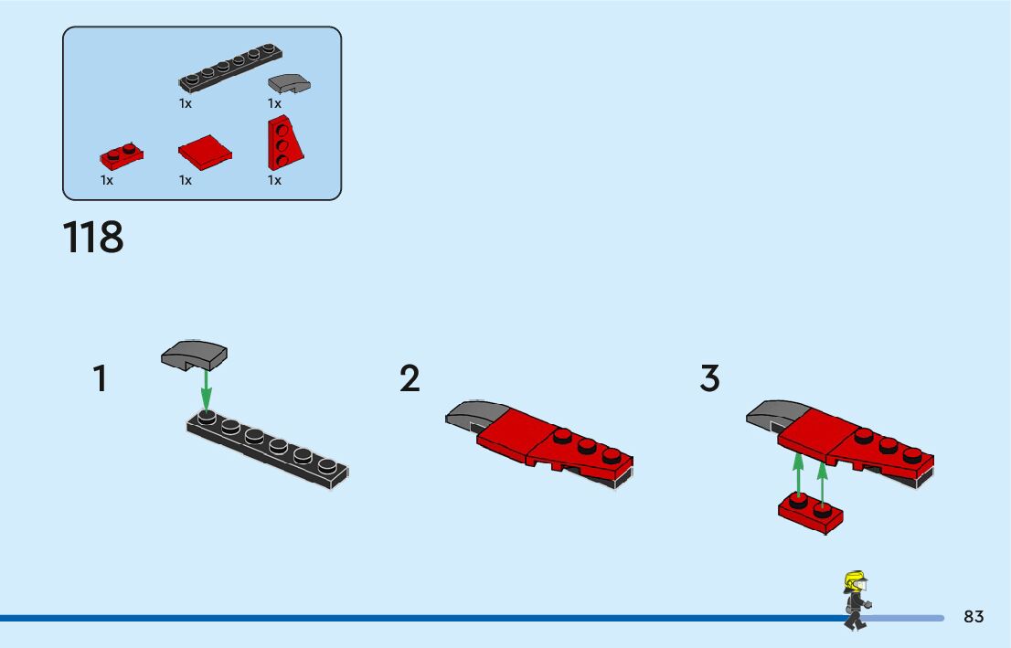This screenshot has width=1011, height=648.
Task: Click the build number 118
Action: pos(93,237)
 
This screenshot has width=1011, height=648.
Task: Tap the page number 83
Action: pos(974,617)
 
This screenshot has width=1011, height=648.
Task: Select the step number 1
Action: pos(100,378)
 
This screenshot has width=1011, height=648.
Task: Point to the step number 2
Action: pos(410,378)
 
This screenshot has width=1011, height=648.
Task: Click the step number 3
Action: pos(709,378)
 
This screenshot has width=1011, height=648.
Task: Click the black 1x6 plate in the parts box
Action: pos(229,69)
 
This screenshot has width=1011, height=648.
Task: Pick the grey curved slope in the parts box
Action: pos(289,83)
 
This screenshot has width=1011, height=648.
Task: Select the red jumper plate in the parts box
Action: pos(122,156)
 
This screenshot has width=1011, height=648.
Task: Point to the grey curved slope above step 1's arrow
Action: pos(194,354)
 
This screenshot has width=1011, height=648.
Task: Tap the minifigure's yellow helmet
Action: pos(856,579)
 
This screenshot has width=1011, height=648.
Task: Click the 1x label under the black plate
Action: pos(186,103)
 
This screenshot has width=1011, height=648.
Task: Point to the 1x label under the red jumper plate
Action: pos(107,180)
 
